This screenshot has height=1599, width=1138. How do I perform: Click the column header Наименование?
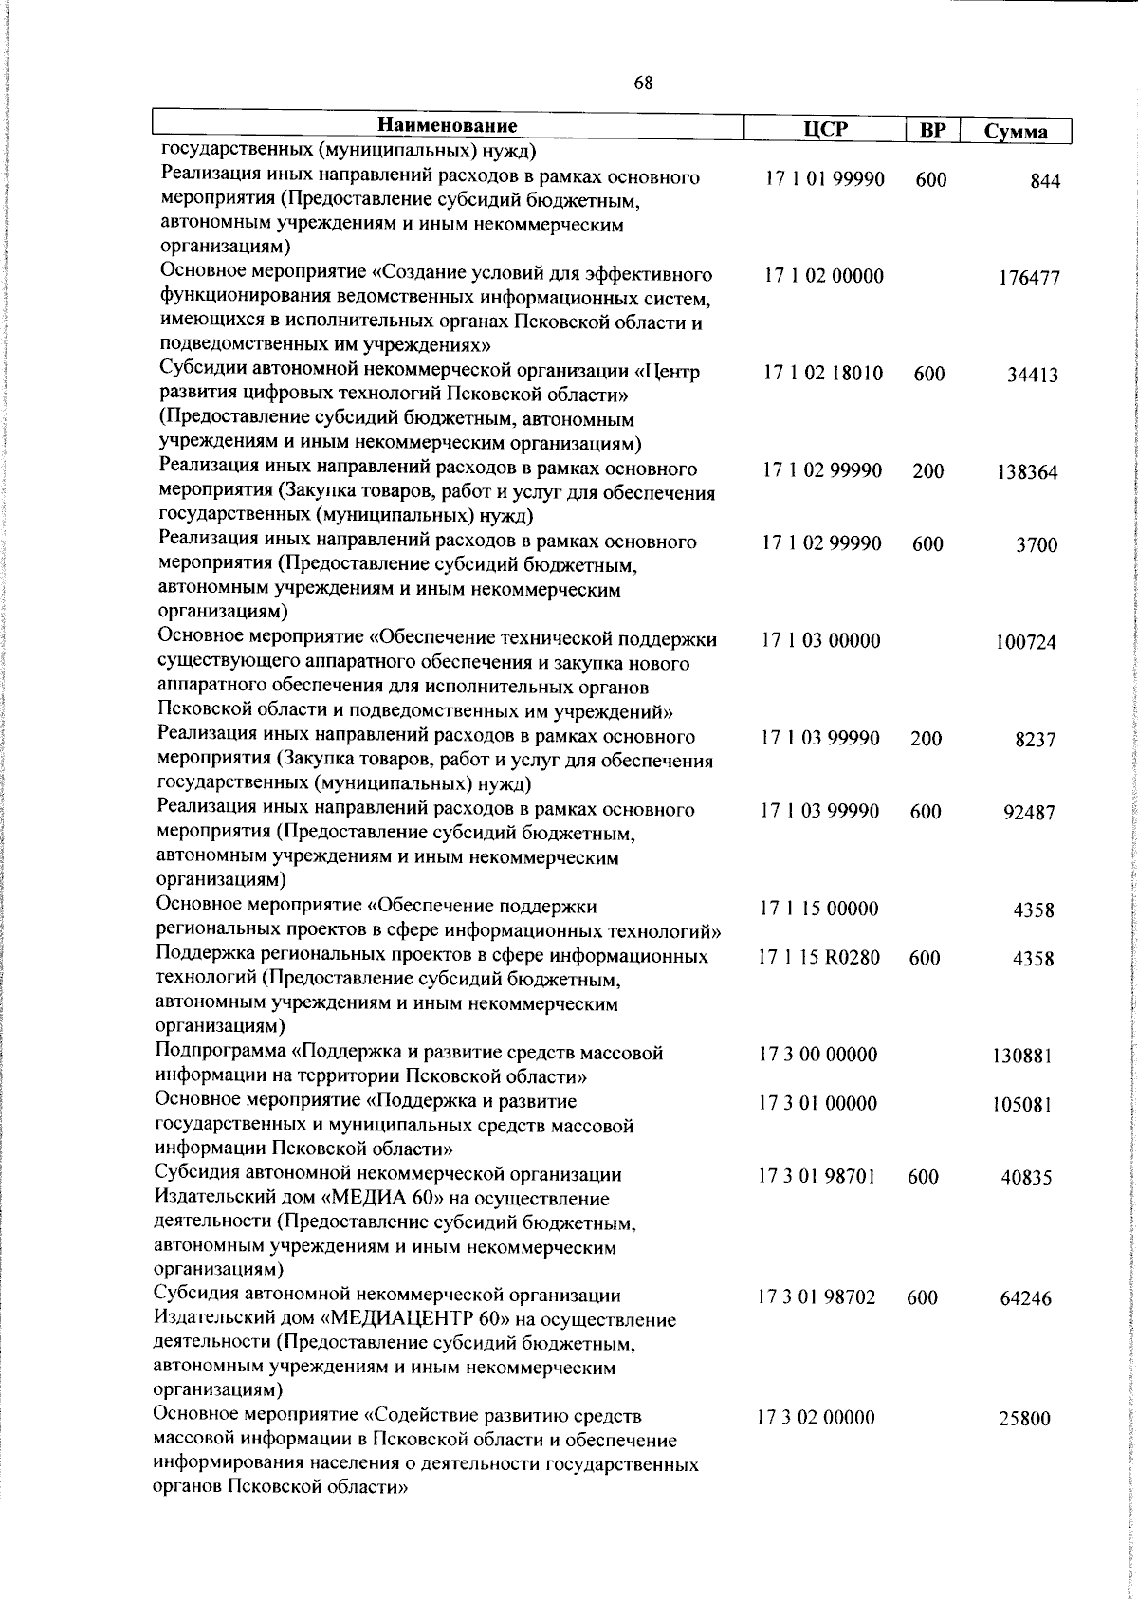448,126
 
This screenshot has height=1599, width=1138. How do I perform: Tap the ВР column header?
932,131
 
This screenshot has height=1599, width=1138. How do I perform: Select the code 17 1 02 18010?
823,374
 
